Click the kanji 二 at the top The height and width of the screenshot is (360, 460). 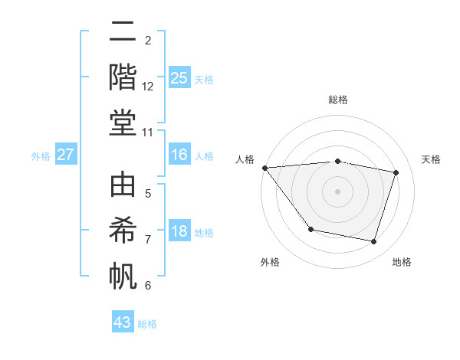point(123,33)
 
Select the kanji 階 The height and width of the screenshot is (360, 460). point(123,77)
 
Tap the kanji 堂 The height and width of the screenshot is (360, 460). point(123,123)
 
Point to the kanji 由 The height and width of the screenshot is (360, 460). point(123,186)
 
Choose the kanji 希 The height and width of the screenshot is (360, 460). point(123,231)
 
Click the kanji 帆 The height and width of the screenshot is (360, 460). point(123,276)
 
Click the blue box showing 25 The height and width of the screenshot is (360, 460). point(179,78)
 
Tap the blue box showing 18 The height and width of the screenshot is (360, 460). point(179,232)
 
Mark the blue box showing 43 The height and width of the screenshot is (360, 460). point(123,322)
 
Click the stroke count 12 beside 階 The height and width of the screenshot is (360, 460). point(148,87)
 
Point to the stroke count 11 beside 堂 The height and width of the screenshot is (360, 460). point(148,132)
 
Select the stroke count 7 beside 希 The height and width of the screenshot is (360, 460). point(148,240)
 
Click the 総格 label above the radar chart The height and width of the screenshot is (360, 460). point(337,100)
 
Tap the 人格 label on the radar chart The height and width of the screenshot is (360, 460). point(245,159)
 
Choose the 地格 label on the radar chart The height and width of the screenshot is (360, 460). point(402,262)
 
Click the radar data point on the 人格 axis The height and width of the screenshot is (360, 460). point(264,168)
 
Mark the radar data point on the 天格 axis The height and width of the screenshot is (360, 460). point(396,172)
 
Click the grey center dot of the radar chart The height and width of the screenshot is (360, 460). point(337,191)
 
